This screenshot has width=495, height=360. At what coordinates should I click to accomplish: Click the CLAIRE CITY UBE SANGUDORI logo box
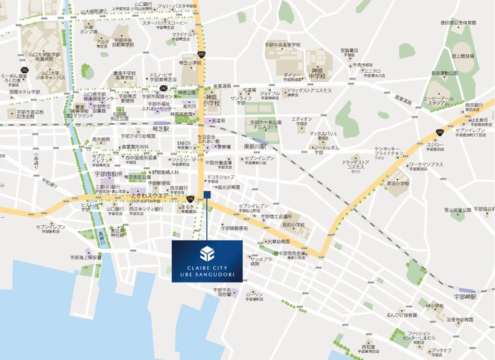tap(207, 261)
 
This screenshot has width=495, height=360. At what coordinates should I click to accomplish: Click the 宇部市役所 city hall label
tap(108, 173)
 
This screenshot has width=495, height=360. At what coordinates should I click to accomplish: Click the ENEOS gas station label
tap(184, 143)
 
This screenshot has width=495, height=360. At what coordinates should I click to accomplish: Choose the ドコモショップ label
tap(220, 178)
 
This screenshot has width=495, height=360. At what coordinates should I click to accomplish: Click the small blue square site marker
tap(207, 195)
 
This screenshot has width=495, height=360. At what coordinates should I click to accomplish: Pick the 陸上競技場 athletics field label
tap(463, 56)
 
